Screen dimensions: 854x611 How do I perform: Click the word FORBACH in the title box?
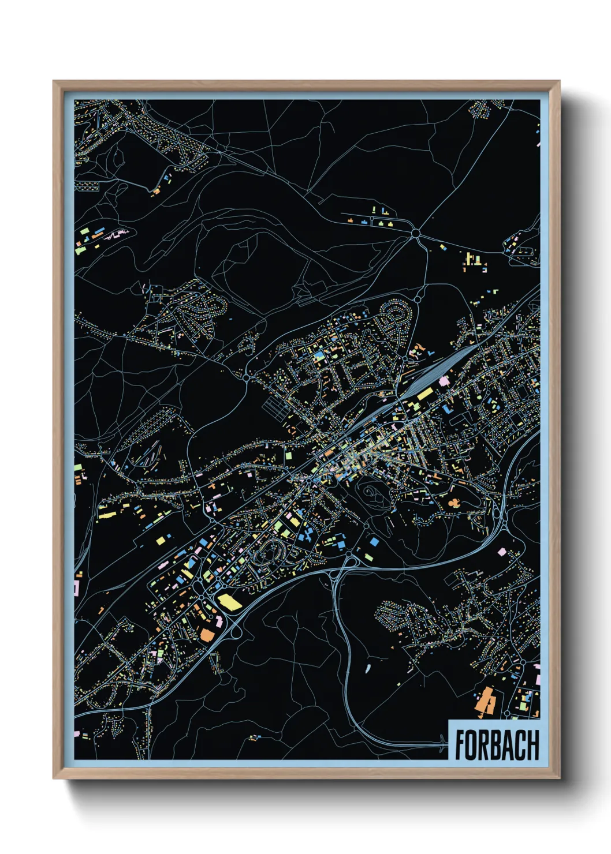pos(496,745)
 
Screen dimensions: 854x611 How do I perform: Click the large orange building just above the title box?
pos(485,701)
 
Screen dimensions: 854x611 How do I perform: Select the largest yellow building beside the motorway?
pos(229,601)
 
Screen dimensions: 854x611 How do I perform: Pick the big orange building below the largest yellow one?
pos(206,634)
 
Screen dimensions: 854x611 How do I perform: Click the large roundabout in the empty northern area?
pos(415,234)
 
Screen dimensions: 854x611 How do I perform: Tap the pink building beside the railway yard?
pos(444,381)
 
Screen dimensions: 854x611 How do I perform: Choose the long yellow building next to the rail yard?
pos(424,394)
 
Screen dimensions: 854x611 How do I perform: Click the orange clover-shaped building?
pos(454,503)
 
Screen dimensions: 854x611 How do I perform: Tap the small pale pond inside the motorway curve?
pos(367,668)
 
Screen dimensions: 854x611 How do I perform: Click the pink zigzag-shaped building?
pos(117,234)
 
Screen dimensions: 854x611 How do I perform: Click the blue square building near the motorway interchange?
pos(374,542)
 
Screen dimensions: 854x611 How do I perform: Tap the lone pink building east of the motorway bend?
pos(502,552)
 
